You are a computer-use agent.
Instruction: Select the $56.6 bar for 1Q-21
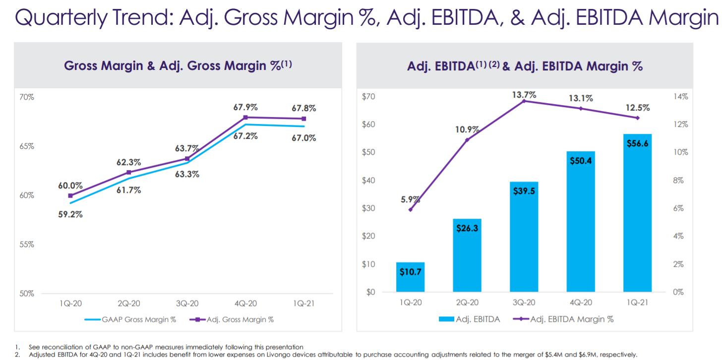pos(637,213)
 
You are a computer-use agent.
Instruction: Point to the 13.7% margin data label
pos(525,95)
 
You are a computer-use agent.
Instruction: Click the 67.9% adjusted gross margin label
pos(245,107)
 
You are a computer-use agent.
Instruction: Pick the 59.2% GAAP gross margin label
pos(70,215)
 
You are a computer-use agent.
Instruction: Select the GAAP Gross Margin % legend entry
pos(130,319)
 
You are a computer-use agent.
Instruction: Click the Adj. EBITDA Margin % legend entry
pos(565,319)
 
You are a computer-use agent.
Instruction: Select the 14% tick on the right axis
pos(681,97)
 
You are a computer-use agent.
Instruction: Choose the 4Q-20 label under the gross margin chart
pos(245,303)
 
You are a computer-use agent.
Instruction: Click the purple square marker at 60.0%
pos(70,196)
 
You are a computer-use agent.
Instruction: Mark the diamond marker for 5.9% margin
pos(411,210)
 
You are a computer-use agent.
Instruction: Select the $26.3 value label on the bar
pos(467,229)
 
